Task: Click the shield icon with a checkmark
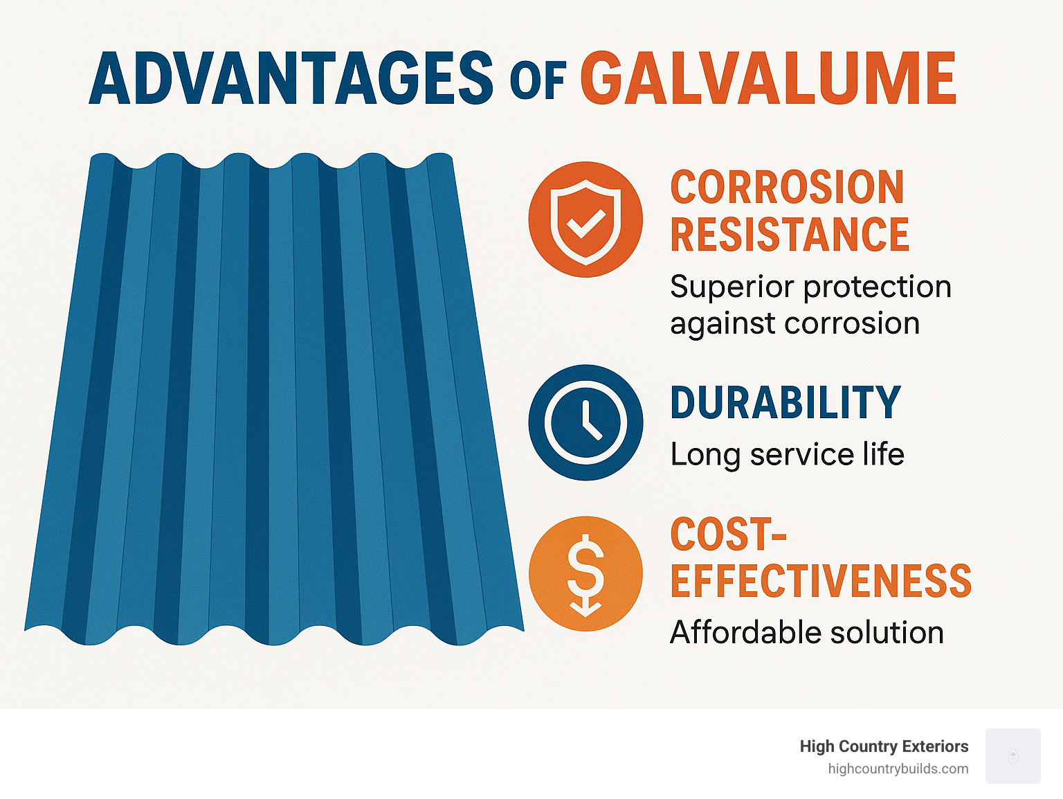click(x=585, y=219)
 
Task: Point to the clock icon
click(x=585, y=422)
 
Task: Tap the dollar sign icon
click(x=585, y=573)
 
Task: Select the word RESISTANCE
click(x=790, y=235)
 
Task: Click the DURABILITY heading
click(x=785, y=403)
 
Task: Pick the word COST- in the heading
click(x=728, y=534)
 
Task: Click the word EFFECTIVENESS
click(x=821, y=581)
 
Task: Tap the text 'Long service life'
click(x=787, y=455)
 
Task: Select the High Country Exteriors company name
click(x=884, y=746)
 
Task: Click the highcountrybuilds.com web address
click(x=898, y=769)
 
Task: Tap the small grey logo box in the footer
click(x=1012, y=756)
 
